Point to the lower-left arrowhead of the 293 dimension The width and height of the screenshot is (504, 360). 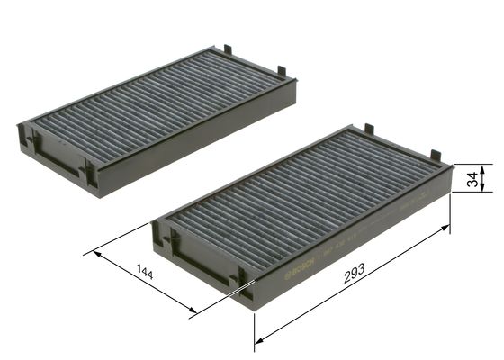coord(259,340)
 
